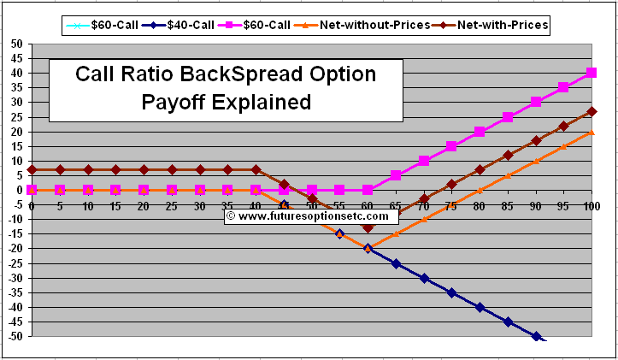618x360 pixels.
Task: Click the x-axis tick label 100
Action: [591, 206]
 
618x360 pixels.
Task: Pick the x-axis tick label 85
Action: [507, 206]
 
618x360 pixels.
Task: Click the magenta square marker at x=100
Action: [592, 73]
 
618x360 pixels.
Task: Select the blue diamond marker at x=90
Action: [536, 336]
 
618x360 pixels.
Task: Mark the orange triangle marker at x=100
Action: [592, 132]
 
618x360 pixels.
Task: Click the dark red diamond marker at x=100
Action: [592, 111]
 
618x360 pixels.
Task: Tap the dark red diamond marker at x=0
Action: [32, 169]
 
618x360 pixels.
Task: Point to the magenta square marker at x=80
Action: [480, 132]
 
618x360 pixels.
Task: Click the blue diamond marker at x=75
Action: [451, 292]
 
